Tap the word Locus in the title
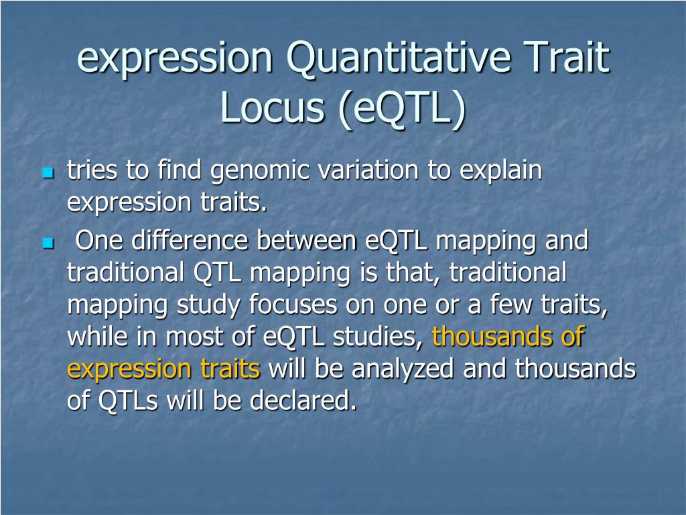click(x=272, y=108)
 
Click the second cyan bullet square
click(x=48, y=243)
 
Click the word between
click(x=306, y=240)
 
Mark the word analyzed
click(x=403, y=369)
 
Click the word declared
click(x=303, y=400)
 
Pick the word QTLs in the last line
click(x=128, y=400)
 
